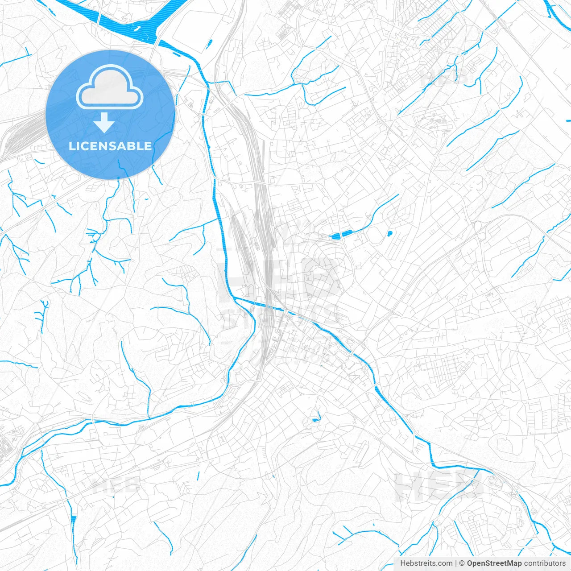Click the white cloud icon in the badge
coord(110,87)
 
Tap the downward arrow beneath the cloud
coord(104,123)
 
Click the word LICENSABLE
coord(110,146)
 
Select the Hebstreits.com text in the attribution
coord(426,563)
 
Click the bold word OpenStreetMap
coord(494,563)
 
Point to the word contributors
coord(545,563)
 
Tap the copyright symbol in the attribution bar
coord(462,563)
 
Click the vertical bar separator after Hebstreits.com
coord(456,563)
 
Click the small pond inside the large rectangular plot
coord(209,44)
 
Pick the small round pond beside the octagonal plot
coord(390,233)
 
